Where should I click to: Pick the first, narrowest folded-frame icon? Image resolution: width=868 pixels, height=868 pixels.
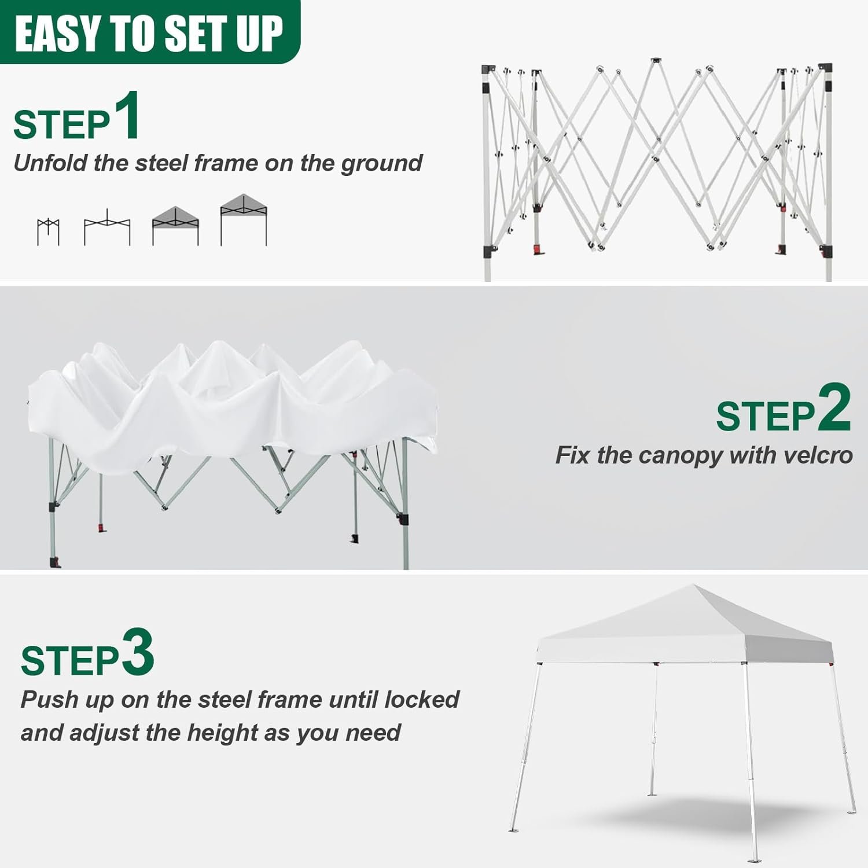48,232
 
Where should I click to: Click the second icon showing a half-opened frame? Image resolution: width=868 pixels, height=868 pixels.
107,229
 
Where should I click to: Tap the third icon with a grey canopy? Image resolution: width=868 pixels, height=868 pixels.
175,226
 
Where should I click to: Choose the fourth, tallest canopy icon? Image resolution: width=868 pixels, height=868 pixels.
244,220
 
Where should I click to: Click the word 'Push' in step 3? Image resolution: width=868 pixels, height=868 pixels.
49,700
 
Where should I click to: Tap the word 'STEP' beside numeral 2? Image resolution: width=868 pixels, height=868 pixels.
765,416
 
